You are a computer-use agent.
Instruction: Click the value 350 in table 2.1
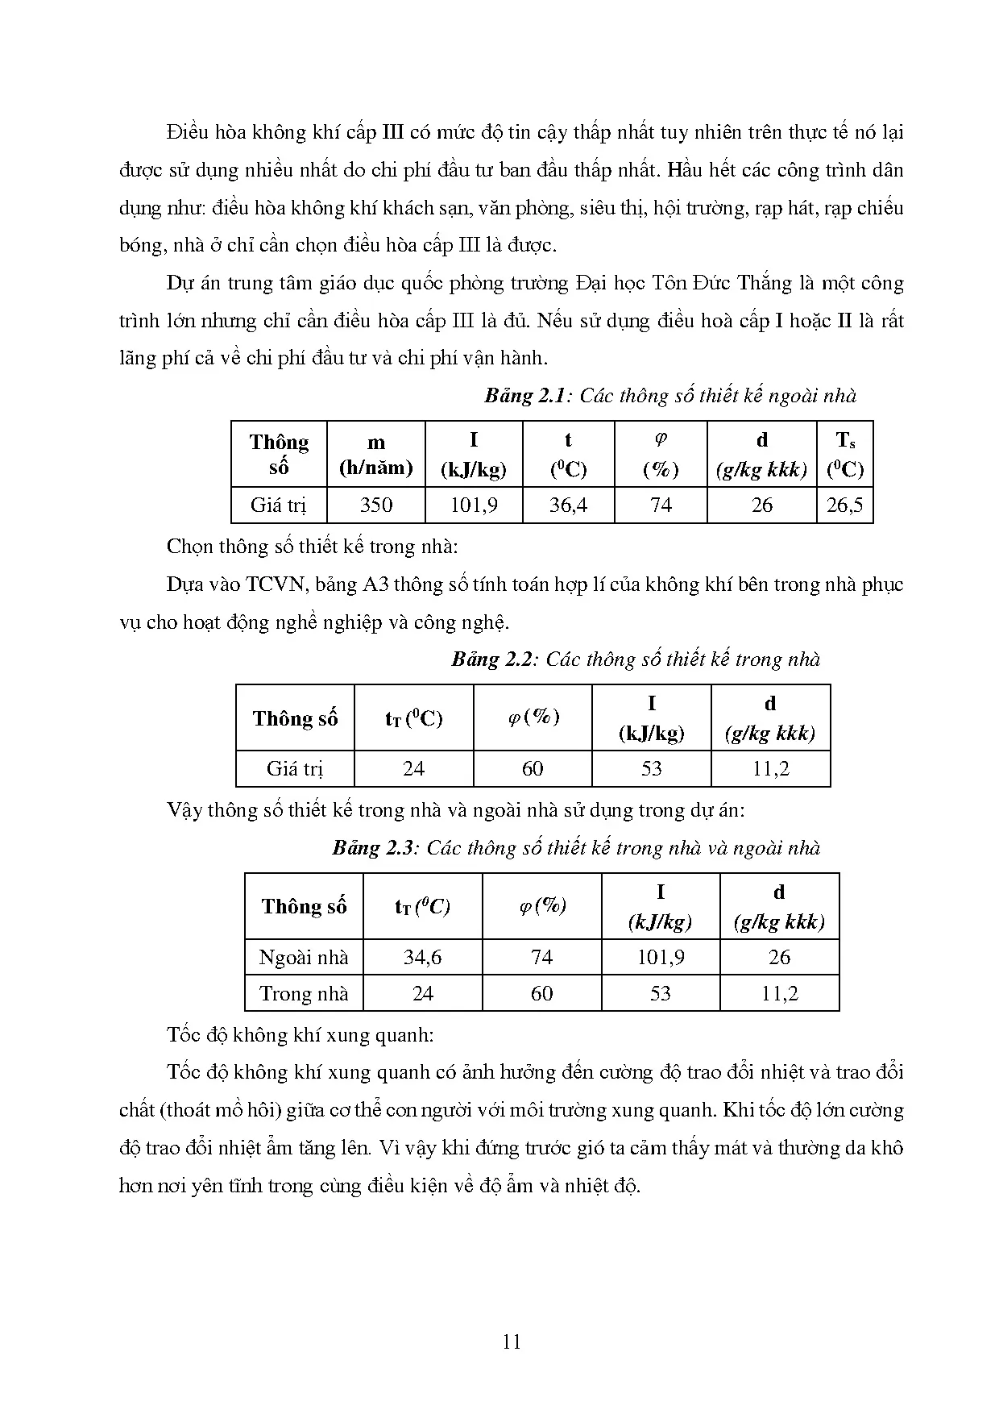point(375,505)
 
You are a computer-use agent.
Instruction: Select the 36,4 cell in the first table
point(568,505)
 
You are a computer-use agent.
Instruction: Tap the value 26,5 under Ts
point(844,505)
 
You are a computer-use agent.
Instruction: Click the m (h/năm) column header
point(375,455)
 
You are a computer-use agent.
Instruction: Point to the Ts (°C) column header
point(844,454)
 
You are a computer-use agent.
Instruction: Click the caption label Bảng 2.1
point(527,396)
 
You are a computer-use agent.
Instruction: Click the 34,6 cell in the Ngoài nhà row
point(422,957)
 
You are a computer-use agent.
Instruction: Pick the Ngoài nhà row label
point(304,957)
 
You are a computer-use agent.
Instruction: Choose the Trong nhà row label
point(304,993)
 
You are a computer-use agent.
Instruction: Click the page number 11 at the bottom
point(511,1342)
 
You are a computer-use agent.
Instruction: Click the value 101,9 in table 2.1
point(473,505)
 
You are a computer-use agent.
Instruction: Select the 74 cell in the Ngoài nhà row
point(541,957)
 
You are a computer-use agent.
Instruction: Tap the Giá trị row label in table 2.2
point(295,768)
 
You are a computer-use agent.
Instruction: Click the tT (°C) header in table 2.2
point(413,718)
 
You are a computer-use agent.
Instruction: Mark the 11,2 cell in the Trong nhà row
point(779,993)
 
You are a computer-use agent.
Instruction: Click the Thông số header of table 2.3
point(304,906)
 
